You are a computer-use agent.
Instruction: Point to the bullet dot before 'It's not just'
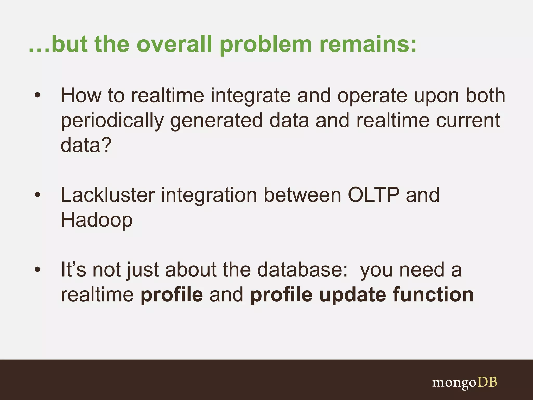point(38,270)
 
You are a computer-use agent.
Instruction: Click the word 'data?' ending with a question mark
point(86,145)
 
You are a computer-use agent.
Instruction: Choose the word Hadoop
point(97,220)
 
